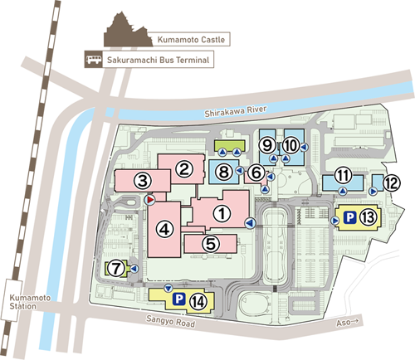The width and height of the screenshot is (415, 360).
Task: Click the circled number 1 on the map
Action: pos(221,212)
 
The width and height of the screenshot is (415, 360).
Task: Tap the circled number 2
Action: pos(184,168)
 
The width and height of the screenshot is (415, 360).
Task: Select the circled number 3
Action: pos(143,179)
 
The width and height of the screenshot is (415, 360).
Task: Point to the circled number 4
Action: pos(167,229)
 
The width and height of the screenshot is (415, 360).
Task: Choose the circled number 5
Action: pos(210,244)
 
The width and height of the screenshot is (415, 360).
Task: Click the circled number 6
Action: pos(256,173)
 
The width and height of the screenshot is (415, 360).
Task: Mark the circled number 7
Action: pos(116,268)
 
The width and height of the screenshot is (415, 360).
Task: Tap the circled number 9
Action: pos(267,145)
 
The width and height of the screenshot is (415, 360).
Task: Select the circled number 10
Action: pos(290,145)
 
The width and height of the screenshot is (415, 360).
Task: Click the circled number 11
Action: pos(343,176)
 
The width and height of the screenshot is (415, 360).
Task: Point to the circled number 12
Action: pos(391,182)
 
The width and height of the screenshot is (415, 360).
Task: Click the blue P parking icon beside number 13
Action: pos(349,218)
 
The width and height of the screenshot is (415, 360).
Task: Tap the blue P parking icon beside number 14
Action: pos(178,299)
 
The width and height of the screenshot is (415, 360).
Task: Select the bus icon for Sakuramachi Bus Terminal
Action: pos(92,59)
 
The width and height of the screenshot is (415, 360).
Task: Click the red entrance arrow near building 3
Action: pos(149,200)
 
